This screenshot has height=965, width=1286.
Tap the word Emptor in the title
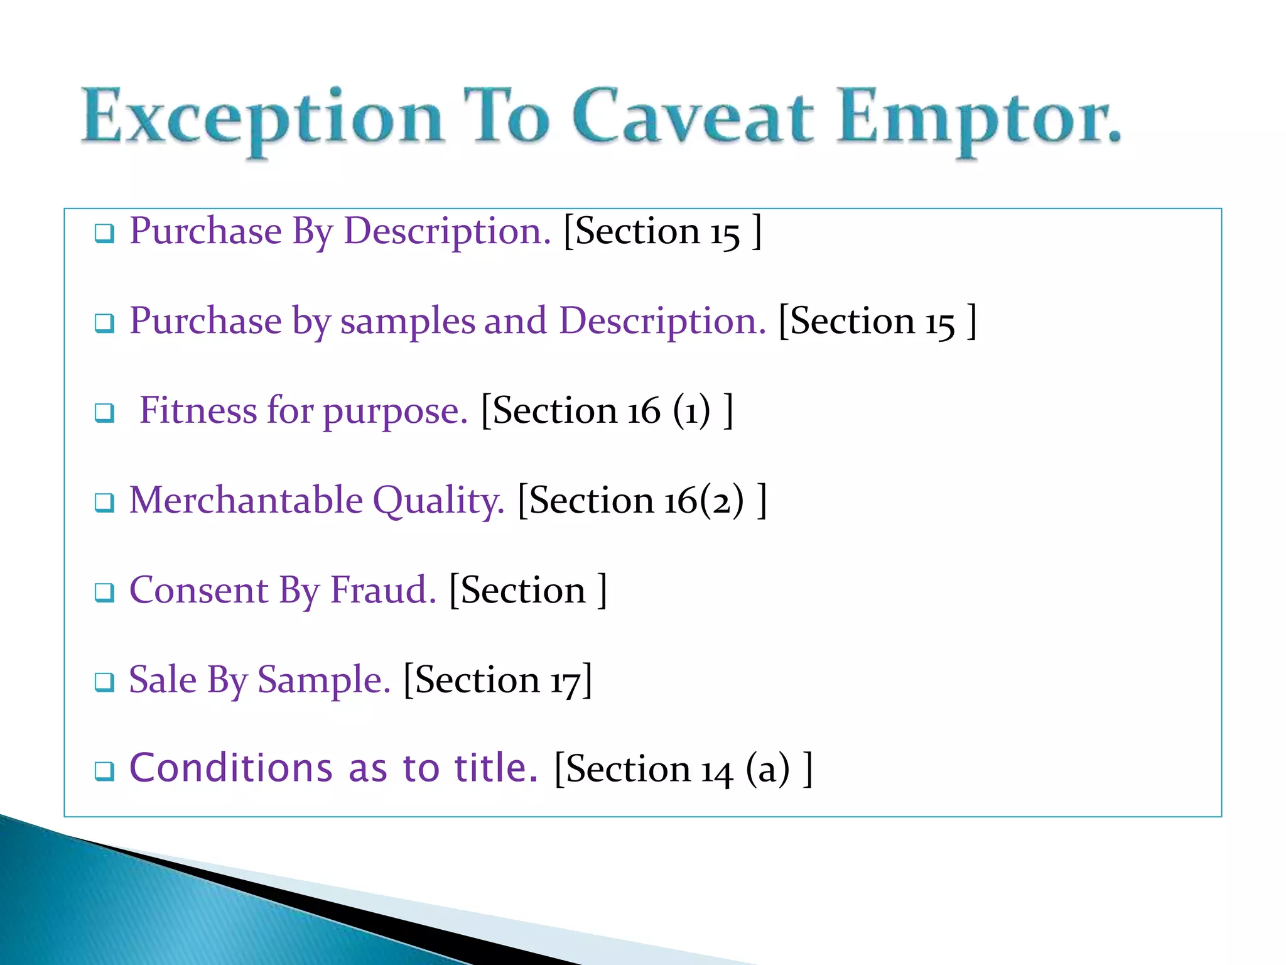(977, 119)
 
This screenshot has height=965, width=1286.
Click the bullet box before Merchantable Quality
(104, 503)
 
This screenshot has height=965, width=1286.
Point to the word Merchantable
(246, 501)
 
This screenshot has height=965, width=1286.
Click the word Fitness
(197, 411)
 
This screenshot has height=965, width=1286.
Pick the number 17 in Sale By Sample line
(565, 681)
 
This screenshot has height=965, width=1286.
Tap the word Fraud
(383, 591)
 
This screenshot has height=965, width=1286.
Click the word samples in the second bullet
(408, 322)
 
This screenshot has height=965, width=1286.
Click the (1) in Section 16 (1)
(691, 411)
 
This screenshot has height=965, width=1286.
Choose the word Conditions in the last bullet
(230, 768)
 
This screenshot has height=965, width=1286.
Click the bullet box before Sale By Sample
(104, 682)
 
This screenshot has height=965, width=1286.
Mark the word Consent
(198, 591)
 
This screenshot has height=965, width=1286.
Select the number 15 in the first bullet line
(725, 232)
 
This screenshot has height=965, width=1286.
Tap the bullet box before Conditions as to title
(104, 771)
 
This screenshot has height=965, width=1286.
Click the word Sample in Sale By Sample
(323, 681)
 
